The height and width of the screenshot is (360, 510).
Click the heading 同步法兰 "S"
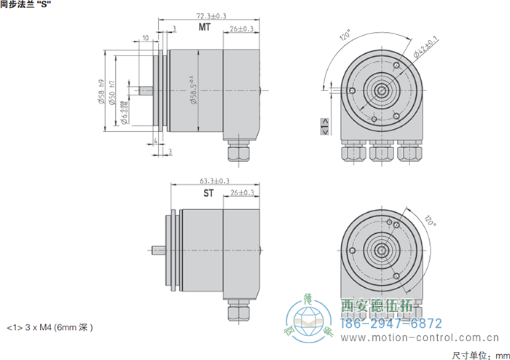point(31,5)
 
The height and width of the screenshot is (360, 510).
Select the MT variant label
point(205,28)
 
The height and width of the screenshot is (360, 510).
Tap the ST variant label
point(208,194)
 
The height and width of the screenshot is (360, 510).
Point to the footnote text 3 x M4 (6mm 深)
point(50,327)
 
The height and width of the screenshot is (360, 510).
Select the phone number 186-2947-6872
point(392,323)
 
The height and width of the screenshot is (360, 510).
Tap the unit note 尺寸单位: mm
point(479,355)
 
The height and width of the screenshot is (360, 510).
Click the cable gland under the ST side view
point(238,312)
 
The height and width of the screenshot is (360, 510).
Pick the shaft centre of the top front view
point(380,91)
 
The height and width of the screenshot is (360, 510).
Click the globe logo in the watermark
point(309,321)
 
